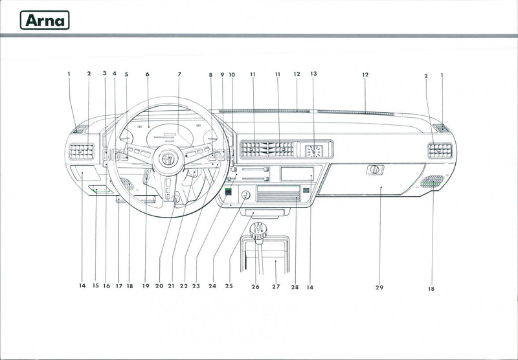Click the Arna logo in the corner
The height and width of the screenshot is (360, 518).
coord(45,20)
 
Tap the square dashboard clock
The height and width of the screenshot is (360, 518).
coord(313,151)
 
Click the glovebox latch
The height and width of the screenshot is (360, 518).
coord(375,170)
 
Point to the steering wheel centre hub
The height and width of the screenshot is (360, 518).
coord(169,158)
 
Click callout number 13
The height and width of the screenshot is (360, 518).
coord(313,74)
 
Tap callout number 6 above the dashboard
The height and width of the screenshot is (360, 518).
coord(148,74)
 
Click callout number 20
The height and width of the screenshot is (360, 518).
coord(159,286)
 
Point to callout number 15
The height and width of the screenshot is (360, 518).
coord(95,286)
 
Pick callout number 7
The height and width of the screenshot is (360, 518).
coord(179,74)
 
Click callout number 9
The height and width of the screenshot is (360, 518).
coord(222,74)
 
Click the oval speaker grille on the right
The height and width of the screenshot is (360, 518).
coord(432,181)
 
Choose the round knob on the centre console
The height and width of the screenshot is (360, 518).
coord(245,195)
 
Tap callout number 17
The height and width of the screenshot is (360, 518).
coord(118,286)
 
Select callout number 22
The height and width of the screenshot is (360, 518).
coord(184,286)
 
